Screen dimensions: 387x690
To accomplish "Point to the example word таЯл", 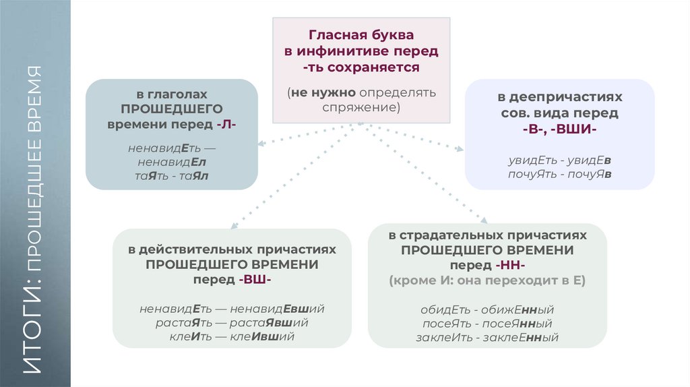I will click(193, 175).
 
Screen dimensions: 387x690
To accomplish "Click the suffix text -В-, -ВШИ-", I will click(559, 129).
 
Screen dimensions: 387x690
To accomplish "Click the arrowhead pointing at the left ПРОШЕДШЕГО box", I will click(259, 142).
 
